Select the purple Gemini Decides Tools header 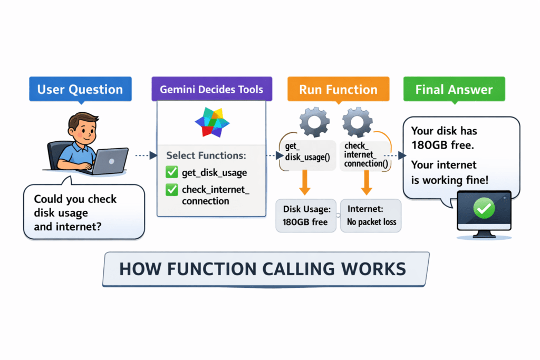[212, 89]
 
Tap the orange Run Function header [338, 89]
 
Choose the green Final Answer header [454, 89]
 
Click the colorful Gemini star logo [212, 122]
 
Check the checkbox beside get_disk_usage [172, 172]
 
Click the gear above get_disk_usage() [314, 123]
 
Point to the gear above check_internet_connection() [357, 123]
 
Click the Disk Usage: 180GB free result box [306, 215]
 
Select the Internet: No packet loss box [371, 215]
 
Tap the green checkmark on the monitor [483, 210]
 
